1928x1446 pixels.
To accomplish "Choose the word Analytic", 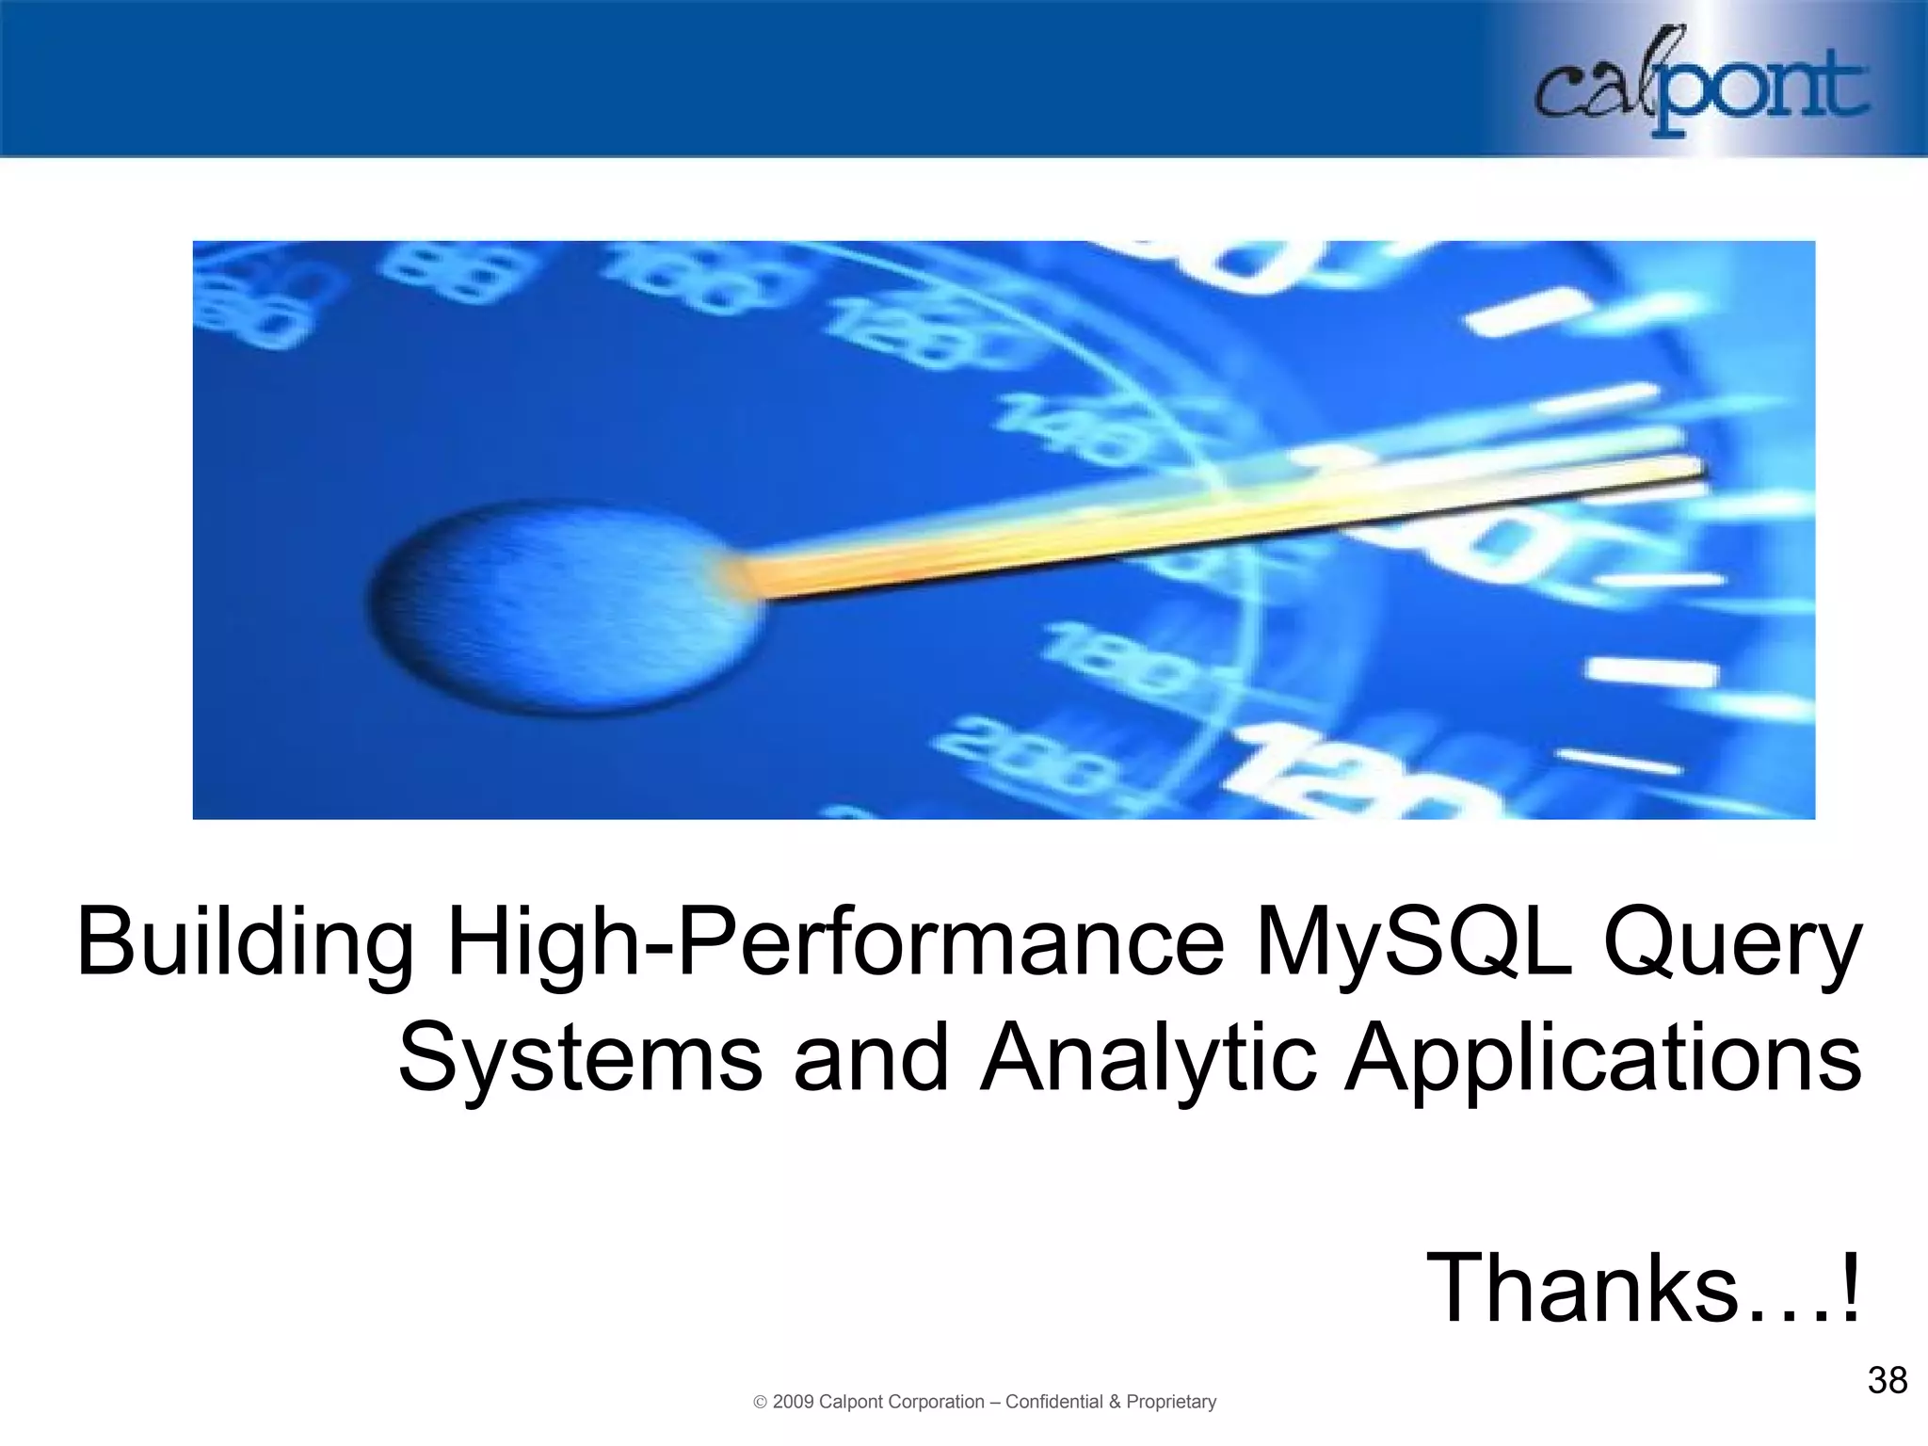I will pos(1148,1059).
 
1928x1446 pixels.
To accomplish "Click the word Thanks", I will pos(1582,1288).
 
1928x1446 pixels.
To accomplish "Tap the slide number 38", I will pos(1887,1381).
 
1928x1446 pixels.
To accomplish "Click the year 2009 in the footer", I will pos(793,1402).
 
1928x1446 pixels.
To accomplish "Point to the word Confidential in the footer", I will pos(1053,1402).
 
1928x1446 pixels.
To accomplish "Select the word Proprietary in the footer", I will pos(1171,1402).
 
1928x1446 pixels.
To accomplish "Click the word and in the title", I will pos(871,1059).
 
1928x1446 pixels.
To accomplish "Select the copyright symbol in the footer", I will pos(761,1403).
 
